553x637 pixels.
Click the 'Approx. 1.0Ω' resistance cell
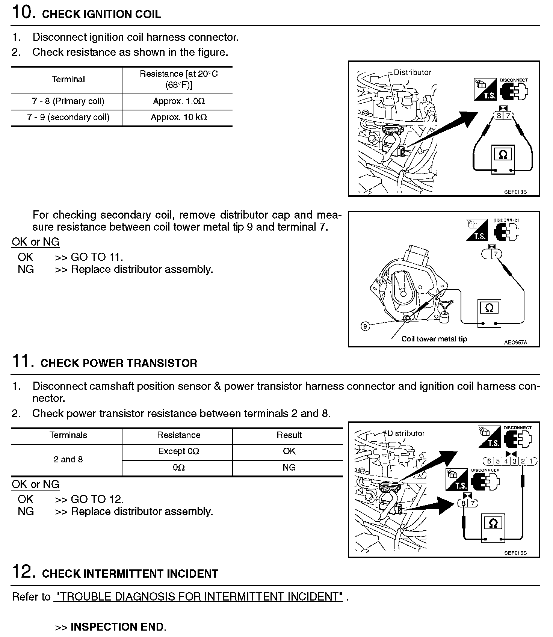pyautogui.click(x=178, y=101)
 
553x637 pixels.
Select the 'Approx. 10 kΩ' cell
pyautogui.click(x=178, y=118)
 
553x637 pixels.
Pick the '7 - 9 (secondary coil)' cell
pyautogui.click(x=68, y=118)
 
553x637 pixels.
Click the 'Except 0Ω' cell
pyautogui.click(x=178, y=451)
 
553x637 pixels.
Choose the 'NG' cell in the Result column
pyautogui.click(x=289, y=468)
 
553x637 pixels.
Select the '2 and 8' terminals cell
pyautogui.click(x=68, y=460)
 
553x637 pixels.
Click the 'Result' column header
pyautogui.click(x=289, y=435)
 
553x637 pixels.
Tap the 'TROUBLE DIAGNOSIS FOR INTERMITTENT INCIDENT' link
pyautogui.click(x=198, y=597)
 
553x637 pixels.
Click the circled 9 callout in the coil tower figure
pyautogui.click(x=365, y=326)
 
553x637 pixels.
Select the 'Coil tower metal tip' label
pyautogui.click(x=434, y=339)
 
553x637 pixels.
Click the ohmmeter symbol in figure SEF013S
pyautogui.click(x=503, y=155)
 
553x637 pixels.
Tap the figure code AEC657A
pyautogui.click(x=515, y=343)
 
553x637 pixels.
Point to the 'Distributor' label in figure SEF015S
pyautogui.click(x=406, y=433)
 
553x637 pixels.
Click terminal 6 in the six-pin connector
pyautogui.click(x=489, y=461)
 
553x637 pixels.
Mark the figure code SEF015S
pyautogui.click(x=515, y=553)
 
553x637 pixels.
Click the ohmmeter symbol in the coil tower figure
pyautogui.click(x=489, y=308)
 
